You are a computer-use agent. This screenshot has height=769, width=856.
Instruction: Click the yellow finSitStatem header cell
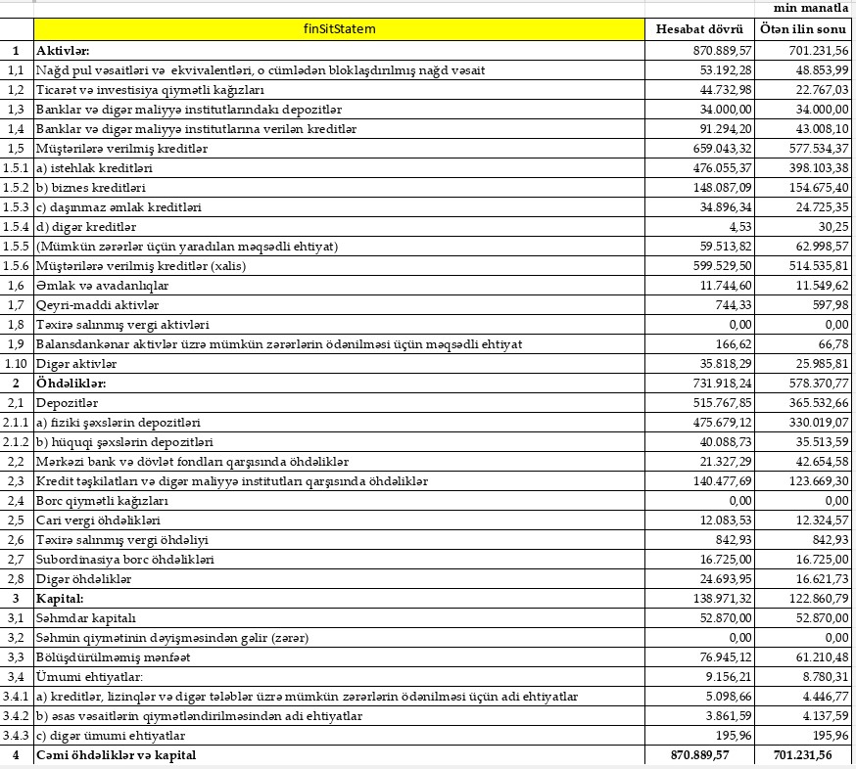click(340, 29)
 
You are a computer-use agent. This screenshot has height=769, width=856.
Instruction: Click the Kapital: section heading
click(61, 598)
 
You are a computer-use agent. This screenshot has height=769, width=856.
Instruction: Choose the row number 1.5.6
click(16, 265)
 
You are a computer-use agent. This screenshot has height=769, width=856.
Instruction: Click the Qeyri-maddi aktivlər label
click(89, 304)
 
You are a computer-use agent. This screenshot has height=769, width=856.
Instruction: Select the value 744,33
click(732, 304)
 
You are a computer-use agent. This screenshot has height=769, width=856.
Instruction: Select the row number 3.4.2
click(16, 715)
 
